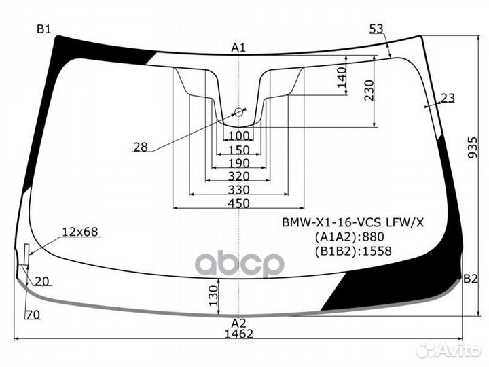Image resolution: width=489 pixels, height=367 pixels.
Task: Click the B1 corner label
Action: click(x=44, y=29)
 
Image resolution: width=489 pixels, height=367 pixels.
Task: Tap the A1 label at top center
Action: click(x=238, y=47)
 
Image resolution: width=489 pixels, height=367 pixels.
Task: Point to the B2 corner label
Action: click(x=471, y=278)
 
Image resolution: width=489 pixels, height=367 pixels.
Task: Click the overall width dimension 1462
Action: click(x=238, y=334)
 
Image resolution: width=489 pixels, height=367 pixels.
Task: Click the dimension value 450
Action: click(x=238, y=203)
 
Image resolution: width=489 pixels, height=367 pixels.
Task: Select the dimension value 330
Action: click(x=238, y=190)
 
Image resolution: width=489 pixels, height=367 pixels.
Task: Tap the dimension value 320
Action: click(x=238, y=176)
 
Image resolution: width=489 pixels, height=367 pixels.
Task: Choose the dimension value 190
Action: click(x=238, y=163)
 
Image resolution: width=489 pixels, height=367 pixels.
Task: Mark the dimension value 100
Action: click(x=238, y=137)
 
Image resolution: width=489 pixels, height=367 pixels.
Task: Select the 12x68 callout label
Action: click(x=80, y=232)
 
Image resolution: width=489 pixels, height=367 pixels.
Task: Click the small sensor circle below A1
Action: click(x=238, y=111)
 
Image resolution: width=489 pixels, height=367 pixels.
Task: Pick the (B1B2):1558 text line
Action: click(x=352, y=251)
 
